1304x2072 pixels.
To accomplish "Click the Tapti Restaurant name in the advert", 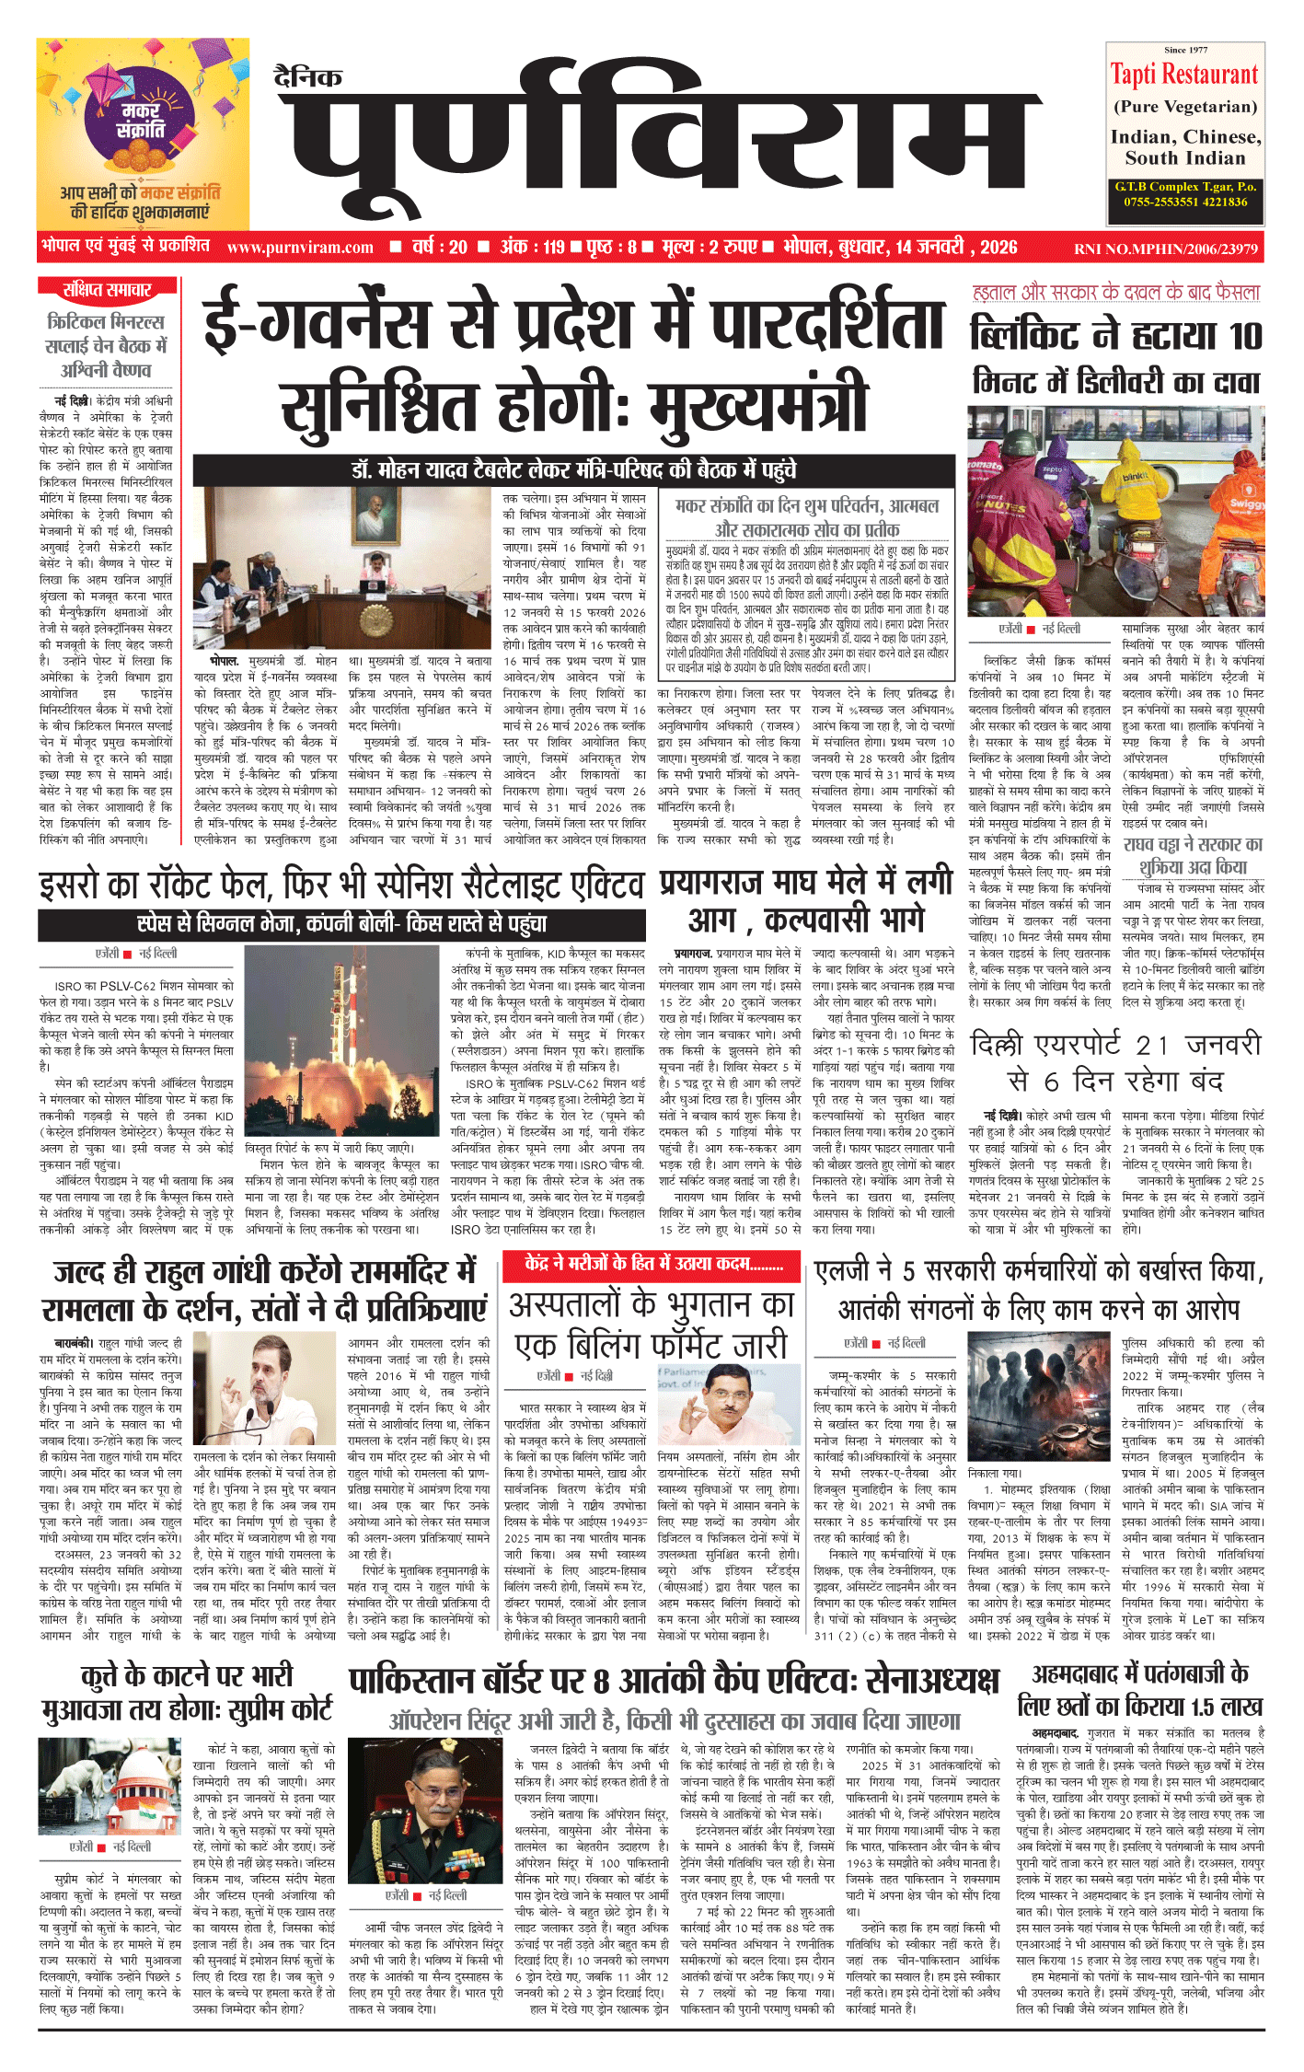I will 1183,74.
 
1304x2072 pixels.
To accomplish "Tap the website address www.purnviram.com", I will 300,247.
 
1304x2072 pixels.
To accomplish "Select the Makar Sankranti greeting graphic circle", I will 142,121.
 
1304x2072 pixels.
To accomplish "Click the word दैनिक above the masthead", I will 308,77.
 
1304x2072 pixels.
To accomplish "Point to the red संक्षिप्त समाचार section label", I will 108,290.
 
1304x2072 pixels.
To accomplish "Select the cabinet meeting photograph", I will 345,567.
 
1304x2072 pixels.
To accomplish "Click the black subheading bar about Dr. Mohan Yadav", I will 573,469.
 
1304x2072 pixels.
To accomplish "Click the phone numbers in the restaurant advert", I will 1185,202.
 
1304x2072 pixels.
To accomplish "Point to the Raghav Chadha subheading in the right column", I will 1193,855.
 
